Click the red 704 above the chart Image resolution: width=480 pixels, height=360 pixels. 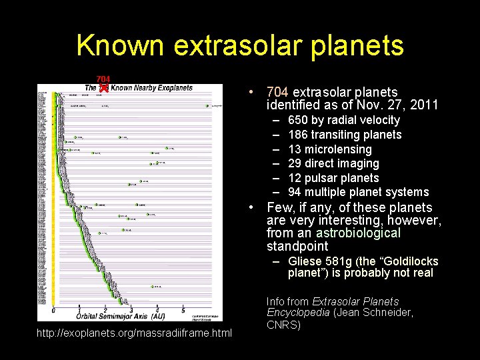point(103,79)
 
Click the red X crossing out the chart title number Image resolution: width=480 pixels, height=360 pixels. point(103,88)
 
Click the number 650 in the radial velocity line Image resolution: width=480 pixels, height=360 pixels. point(297,120)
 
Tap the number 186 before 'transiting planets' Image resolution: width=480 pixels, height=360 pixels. point(297,135)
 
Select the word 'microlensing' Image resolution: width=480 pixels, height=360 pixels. point(338,149)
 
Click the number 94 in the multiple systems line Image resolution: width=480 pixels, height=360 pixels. point(294,192)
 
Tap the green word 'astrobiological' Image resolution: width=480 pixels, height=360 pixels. point(358,233)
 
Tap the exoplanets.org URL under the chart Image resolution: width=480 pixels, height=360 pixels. point(135,332)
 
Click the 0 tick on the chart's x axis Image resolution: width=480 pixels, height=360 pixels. point(53,310)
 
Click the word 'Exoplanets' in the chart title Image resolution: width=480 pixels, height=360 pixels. point(167,88)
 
